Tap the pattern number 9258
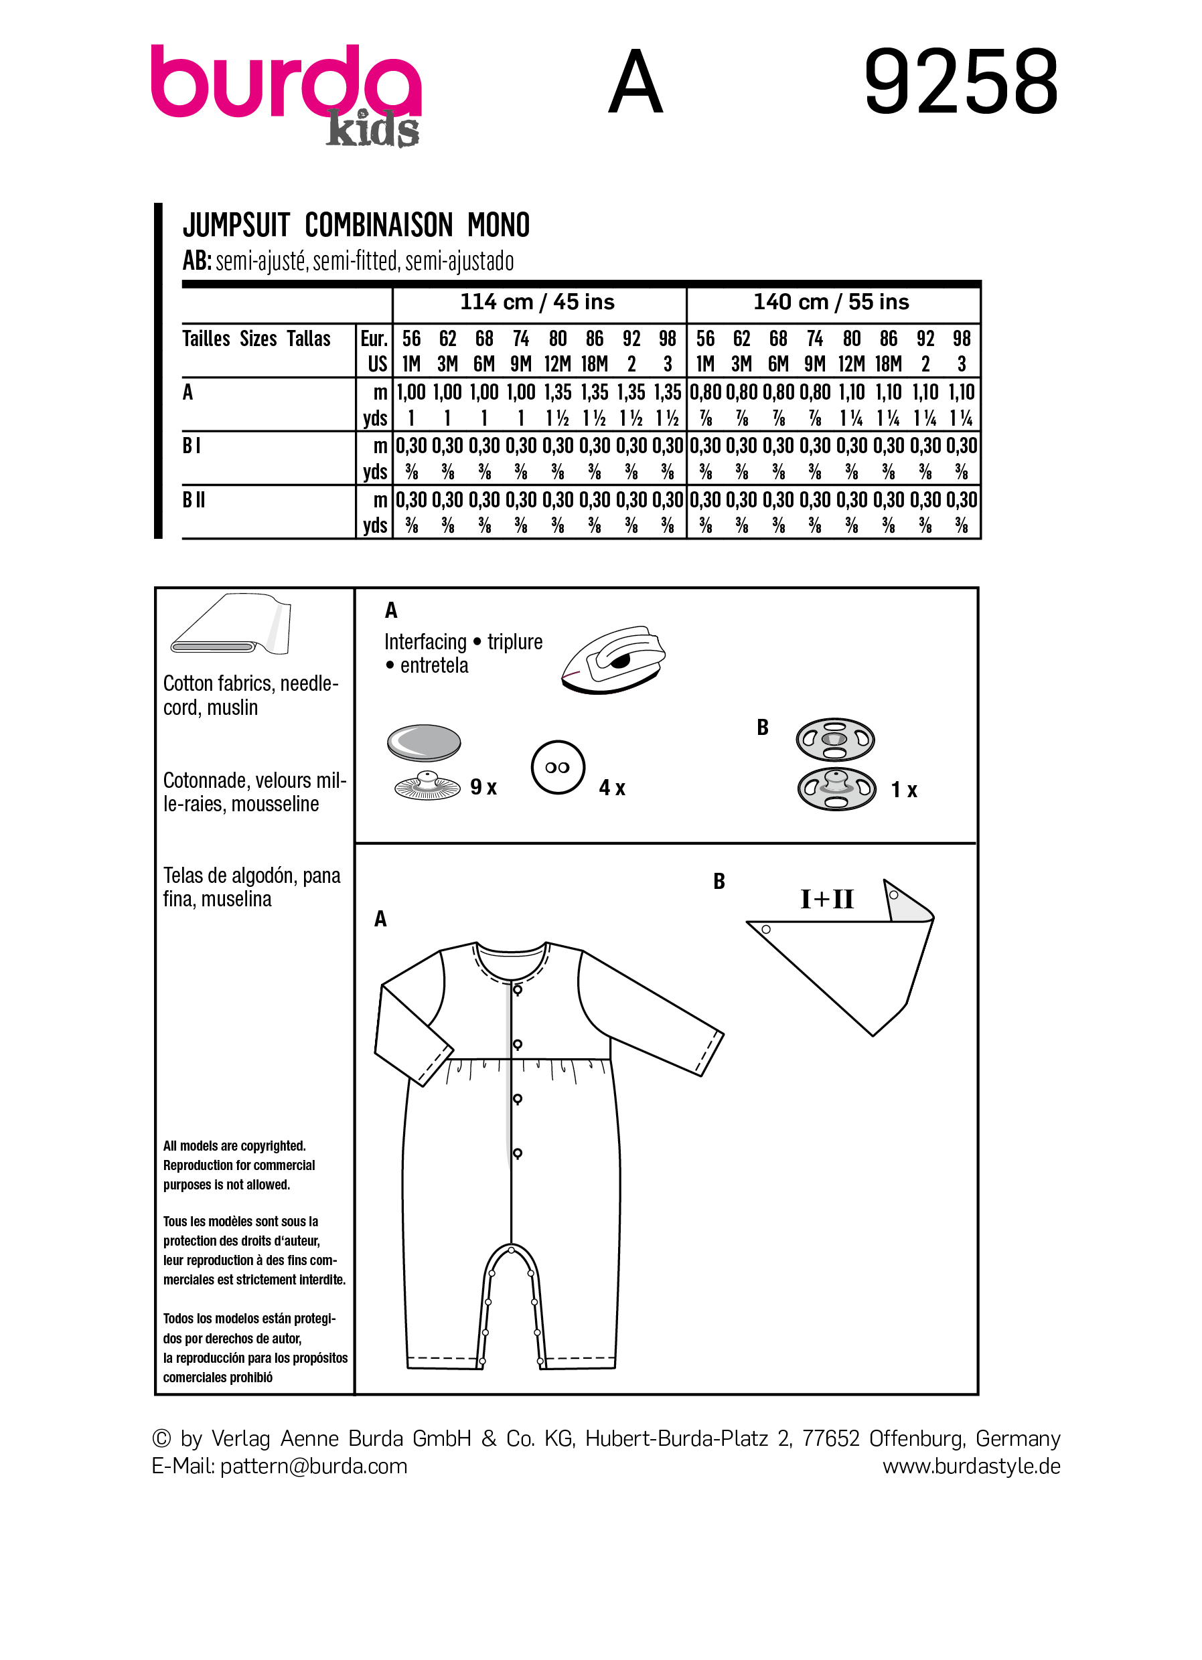pyautogui.click(x=961, y=82)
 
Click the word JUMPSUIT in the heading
pyautogui.click(x=236, y=225)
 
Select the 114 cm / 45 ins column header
pyautogui.click(x=536, y=303)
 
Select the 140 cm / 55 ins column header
pyautogui.click(x=831, y=303)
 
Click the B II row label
pyautogui.click(x=194, y=500)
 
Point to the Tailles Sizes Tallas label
pyautogui.click(x=256, y=339)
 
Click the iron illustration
pyautogui.click(x=613, y=659)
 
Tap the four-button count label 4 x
pyautogui.click(x=612, y=788)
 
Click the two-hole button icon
pyautogui.click(x=558, y=767)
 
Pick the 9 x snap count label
pyautogui.click(x=483, y=788)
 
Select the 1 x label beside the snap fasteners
pyautogui.click(x=904, y=791)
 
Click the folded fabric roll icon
pyautogui.click(x=230, y=626)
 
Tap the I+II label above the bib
pyautogui.click(x=827, y=899)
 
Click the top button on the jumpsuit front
pyautogui.click(x=518, y=990)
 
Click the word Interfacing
pyautogui.click(x=425, y=642)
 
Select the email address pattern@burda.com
pyautogui.click(x=313, y=1466)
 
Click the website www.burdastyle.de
pyautogui.click(x=971, y=1466)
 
